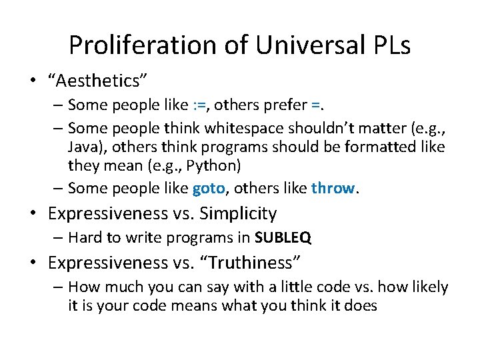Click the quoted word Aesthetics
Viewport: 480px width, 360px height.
point(97,80)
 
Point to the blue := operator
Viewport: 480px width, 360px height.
point(199,105)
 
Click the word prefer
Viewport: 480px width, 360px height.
point(286,105)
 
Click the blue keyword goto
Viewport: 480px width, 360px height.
point(209,189)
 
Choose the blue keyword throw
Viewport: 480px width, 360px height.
point(333,189)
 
